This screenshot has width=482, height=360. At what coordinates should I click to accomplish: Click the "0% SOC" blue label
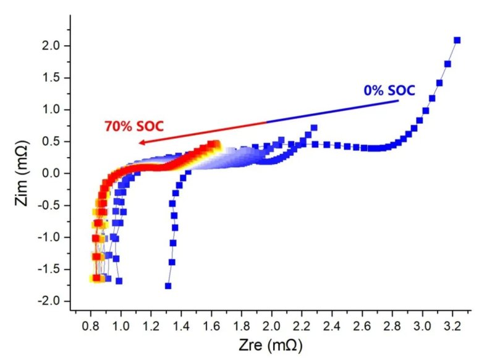tap(388, 90)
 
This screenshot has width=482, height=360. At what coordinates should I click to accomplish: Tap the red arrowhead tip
tap(139, 143)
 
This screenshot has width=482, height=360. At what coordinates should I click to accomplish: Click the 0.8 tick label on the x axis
tap(91, 324)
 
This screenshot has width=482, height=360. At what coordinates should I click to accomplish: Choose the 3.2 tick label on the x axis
tap(453, 324)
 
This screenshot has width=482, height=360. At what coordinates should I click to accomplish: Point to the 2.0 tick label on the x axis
tap(272, 324)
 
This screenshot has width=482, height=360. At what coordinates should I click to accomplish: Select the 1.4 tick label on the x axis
tap(182, 324)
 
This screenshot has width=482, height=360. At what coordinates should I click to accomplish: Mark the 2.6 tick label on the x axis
tap(363, 324)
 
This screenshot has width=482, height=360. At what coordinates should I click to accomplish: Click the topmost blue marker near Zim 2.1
tap(457, 40)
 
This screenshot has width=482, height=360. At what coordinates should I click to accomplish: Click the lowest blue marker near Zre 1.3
tap(168, 286)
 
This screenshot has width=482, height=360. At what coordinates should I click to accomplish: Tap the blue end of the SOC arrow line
tap(398, 101)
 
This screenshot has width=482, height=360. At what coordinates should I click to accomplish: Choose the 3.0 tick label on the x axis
tap(423, 324)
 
